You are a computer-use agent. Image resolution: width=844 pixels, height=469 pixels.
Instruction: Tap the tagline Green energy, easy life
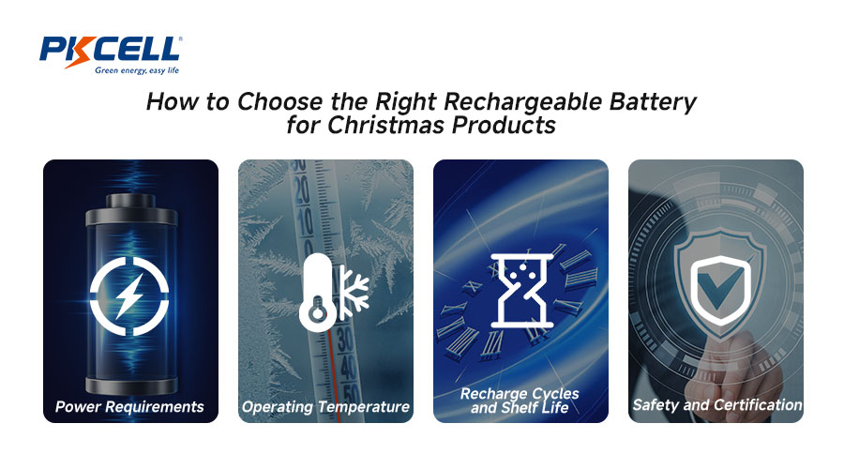pyautogui.click(x=137, y=70)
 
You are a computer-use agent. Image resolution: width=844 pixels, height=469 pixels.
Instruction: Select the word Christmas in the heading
pyautogui.click(x=386, y=125)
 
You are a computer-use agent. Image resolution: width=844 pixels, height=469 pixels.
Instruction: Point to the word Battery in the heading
pyautogui.click(x=653, y=101)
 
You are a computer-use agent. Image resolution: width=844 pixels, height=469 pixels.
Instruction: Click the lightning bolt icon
pyautogui.click(x=129, y=295)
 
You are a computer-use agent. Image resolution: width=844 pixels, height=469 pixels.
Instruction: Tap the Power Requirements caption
pyautogui.click(x=129, y=406)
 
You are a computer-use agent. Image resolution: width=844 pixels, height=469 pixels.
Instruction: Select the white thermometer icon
pyautogui.click(x=318, y=292)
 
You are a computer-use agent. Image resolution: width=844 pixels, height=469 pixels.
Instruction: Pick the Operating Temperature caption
pyautogui.click(x=325, y=406)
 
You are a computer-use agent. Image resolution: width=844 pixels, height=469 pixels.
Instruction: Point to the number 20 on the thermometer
pyautogui.click(x=301, y=191)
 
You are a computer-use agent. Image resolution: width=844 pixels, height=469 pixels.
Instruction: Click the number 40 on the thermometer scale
pyautogui.click(x=347, y=369)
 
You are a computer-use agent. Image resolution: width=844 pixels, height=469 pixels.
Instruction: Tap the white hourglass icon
pyautogui.click(x=521, y=291)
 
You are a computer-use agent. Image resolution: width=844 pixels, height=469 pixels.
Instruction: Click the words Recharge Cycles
pyautogui.click(x=520, y=394)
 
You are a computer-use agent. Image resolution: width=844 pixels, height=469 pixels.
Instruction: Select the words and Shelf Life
pyautogui.click(x=520, y=408)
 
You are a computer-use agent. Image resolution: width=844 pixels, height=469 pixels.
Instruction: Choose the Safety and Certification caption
pyautogui.click(x=717, y=405)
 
